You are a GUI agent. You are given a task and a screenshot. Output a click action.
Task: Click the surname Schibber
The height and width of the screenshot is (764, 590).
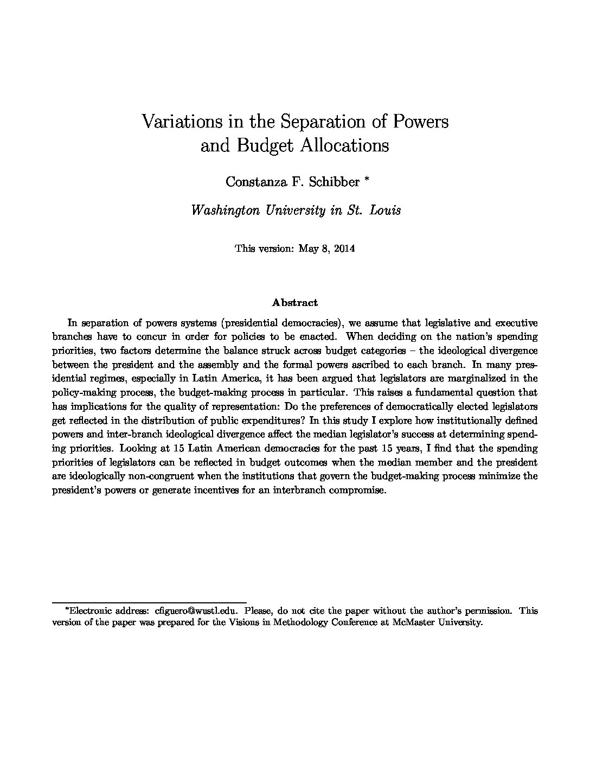pos(333,182)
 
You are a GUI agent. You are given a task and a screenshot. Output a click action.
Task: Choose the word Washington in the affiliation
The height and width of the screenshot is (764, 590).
pos(224,211)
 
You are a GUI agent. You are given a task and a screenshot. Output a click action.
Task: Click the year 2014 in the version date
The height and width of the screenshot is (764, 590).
pos(344,249)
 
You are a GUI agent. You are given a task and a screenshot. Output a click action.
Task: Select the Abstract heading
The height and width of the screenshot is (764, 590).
pos(294,303)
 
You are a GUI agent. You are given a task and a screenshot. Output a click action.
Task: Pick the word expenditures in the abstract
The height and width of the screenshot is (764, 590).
pos(263,420)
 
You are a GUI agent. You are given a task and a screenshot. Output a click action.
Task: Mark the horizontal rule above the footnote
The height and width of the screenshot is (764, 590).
pos(149,602)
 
